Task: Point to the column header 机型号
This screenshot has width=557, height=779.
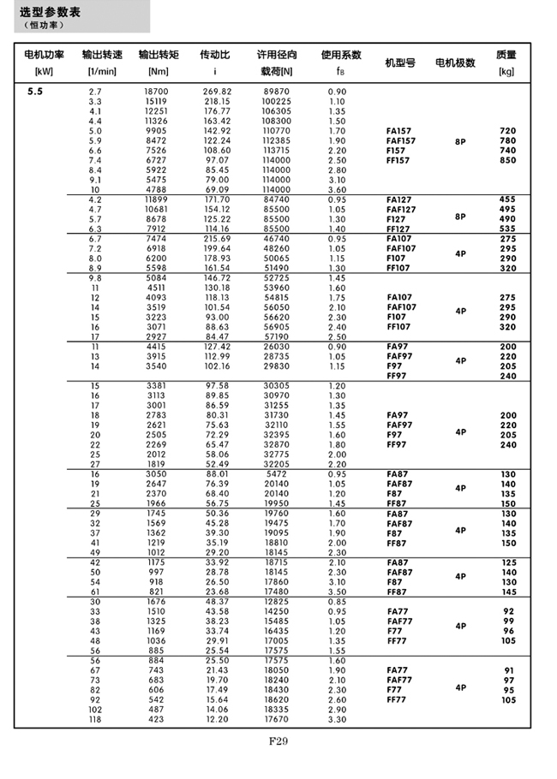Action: (400, 62)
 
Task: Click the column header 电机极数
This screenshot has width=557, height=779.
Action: (455, 62)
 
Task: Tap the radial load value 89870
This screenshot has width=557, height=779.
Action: (277, 91)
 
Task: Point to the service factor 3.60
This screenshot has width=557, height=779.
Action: (337, 189)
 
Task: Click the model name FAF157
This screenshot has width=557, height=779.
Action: (401, 140)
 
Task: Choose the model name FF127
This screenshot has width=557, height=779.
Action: (400, 229)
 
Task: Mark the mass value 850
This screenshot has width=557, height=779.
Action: (507, 160)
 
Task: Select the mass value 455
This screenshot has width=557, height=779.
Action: (507, 199)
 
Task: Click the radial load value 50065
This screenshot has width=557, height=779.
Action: (277, 258)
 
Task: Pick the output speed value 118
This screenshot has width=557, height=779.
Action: (95, 720)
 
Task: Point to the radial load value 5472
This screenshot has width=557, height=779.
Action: (277, 473)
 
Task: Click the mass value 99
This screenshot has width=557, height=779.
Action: (507, 621)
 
